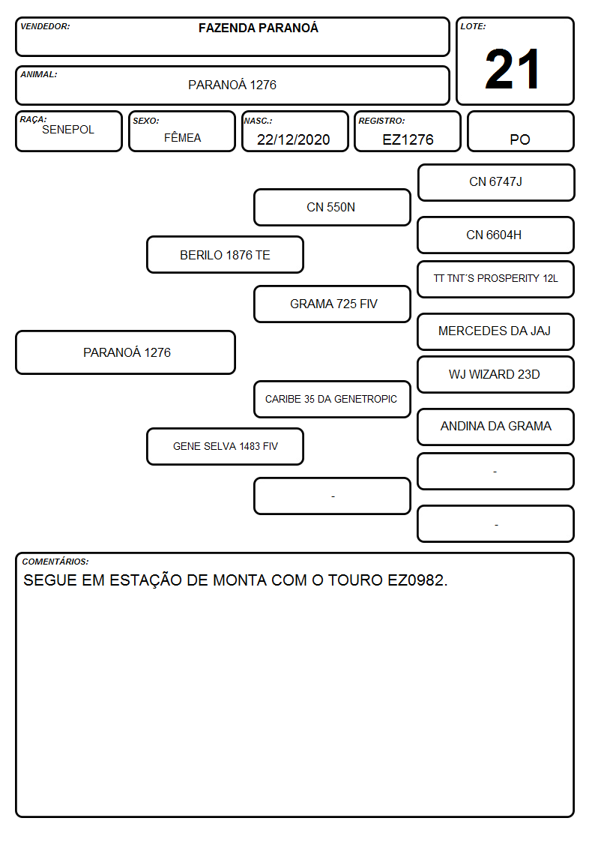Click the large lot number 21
click(513, 69)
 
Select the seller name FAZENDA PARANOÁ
click(258, 28)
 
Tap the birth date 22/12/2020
click(294, 139)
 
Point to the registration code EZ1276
click(408, 139)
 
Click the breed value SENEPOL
click(68, 130)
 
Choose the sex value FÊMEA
click(182, 137)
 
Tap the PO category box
click(520, 131)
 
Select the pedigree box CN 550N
click(332, 207)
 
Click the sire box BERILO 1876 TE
click(226, 255)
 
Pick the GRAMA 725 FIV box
click(332, 304)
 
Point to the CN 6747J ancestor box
click(496, 183)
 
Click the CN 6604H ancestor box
click(496, 235)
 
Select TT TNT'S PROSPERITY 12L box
click(496, 279)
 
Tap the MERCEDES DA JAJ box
click(496, 331)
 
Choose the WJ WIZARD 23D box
click(496, 375)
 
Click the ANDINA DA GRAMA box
click(496, 427)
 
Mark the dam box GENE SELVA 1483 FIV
click(226, 446)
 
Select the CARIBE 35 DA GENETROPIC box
click(332, 399)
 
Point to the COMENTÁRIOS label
click(55, 562)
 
